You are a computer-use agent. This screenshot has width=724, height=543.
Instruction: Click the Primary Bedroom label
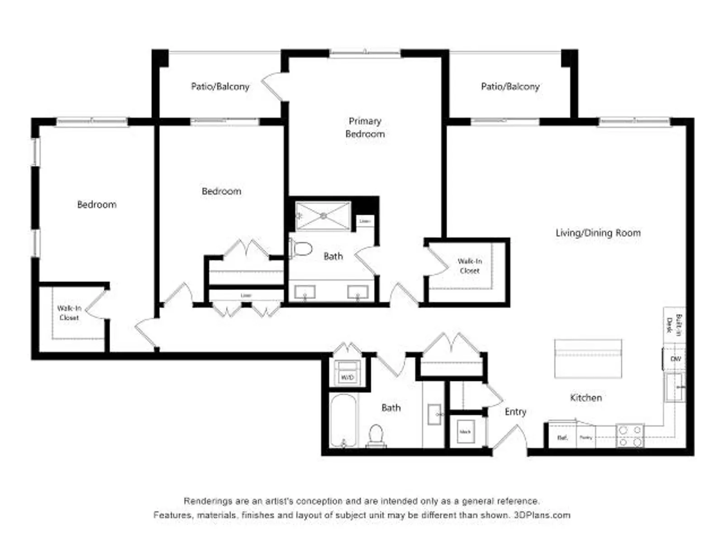365,127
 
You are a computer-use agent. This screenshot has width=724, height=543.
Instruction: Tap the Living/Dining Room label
598,233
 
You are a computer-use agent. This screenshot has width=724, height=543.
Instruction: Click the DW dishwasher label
675,358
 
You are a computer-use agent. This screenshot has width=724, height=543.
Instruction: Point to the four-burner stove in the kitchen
630,435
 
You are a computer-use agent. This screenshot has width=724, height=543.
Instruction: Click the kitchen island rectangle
588,359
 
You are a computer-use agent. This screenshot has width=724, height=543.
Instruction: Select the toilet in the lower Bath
376,435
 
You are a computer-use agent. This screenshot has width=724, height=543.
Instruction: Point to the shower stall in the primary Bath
323,216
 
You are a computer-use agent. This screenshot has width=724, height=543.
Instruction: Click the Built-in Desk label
674,324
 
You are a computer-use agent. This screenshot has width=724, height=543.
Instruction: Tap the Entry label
515,411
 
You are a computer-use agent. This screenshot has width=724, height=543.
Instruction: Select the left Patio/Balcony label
220,86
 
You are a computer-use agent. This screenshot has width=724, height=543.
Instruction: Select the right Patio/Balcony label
510,86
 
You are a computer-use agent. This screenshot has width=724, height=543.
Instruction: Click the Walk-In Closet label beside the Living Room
469,266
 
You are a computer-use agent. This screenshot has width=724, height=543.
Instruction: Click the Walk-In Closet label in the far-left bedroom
69,313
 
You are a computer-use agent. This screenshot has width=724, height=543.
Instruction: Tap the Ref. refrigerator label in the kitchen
562,438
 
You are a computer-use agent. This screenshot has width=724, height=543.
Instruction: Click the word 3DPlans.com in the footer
542,515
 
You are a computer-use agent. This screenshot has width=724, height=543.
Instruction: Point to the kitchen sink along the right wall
674,387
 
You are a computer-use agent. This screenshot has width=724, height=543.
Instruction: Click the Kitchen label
586,397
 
